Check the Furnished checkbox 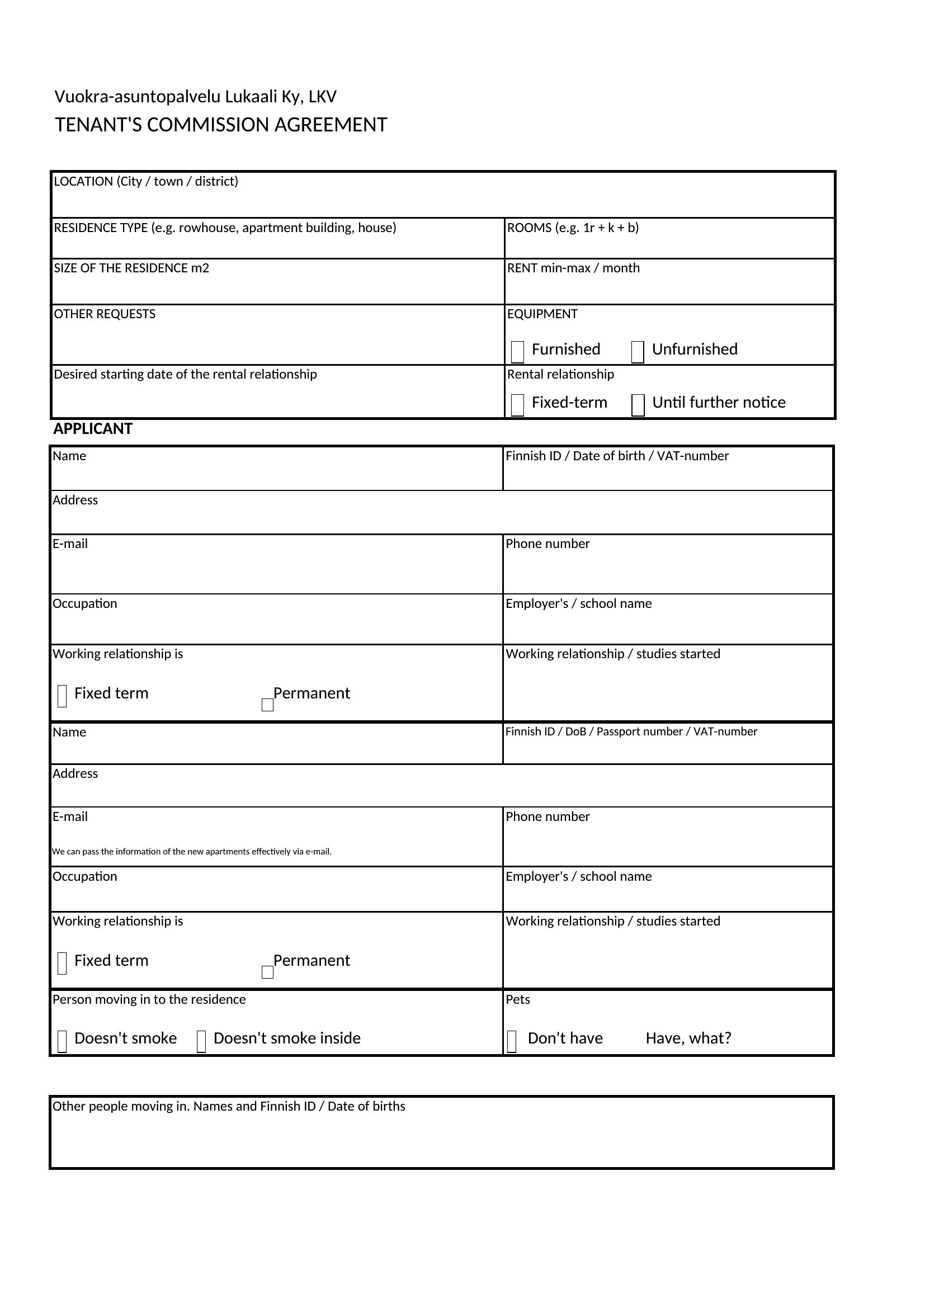pyautogui.click(x=517, y=352)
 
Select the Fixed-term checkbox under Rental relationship pyautogui.click(x=517, y=405)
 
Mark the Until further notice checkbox pyautogui.click(x=638, y=405)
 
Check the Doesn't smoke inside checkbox pyautogui.click(x=201, y=1041)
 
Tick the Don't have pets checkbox pyautogui.click(x=512, y=1041)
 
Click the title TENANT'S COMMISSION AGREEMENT pyautogui.click(x=221, y=125)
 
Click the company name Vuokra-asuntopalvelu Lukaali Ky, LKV pyautogui.click(x=195, y=97)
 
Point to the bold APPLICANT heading pyautogui.click(x=93, y=429)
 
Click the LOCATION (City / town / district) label pyautogui.click(x=146, y=181)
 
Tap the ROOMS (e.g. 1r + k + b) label pyautogui.click(x=573, y=228)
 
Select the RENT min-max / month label pyautogui.click(x=573, y=268)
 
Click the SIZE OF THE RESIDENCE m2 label pyautogui.click(x=131, y=268)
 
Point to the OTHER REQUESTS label pyautogui.click(x=104, y=314)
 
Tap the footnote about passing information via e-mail pyautogui.click(x=191, y=852)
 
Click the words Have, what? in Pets pyautogui.click(x=688, y=1038)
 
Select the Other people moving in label pyautogui.click(x=228, y=1106)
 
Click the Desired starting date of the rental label pyautogui.click(x=185, y=374)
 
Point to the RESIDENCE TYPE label pyautogui.click(x=224, y=228)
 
